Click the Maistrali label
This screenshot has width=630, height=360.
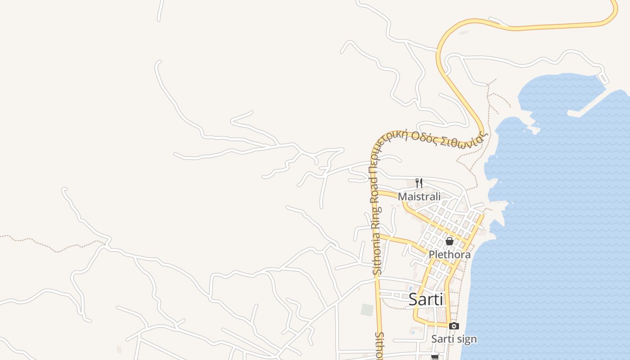[x=419, y=196]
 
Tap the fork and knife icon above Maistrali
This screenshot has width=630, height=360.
[x=419, y=183]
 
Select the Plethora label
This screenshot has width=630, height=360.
[x=449, y=255]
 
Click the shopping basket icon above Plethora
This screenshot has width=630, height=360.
[x=449, y=241]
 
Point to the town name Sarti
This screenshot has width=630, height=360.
[x=426, y=300]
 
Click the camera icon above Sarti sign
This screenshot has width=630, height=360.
[x=454, y=326]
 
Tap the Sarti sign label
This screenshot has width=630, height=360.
[x=454, y=339]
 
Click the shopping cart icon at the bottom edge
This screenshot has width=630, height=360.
[x=435, y=357]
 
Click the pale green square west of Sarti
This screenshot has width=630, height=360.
[x=367, y=310]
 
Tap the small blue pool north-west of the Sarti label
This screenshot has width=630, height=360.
[x=410, y=288]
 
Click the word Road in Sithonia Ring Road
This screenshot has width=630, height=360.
[x=374, y=186]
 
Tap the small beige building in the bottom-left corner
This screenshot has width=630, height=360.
[x=119, y=349]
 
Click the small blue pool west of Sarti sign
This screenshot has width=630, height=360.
[x=413, y=332]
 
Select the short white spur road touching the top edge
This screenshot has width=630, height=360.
[x=160, y=10]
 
